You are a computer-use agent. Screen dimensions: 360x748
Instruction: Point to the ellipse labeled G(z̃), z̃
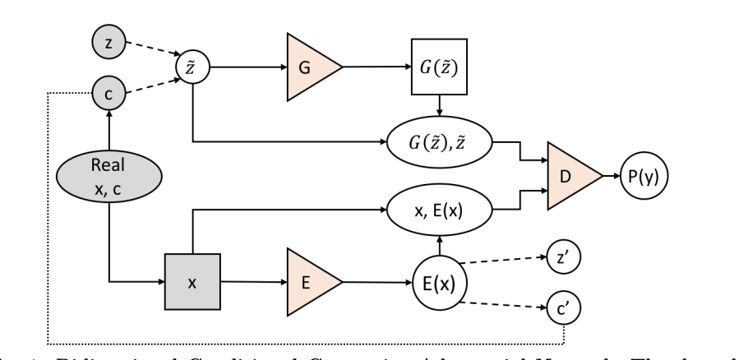coord(439,143)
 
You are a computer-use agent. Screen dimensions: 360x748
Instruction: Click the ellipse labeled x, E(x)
coord(439,210)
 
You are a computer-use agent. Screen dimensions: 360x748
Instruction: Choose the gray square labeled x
coord(192,281)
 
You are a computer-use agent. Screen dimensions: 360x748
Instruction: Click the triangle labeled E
coord(308,281)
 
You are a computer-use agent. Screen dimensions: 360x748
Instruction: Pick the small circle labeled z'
coord(562,259)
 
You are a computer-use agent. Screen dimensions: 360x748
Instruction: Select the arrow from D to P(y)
coord(612,175)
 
